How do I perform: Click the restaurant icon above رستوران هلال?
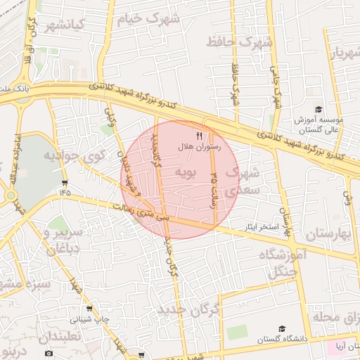[x=199, y=136]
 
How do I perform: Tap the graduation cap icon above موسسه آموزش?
[x=319, y=109]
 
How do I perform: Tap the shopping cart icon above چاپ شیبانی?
[x=89, y=309]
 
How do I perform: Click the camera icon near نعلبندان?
[x=48, y=353]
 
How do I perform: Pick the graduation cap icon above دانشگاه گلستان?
[x=282, y=328]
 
